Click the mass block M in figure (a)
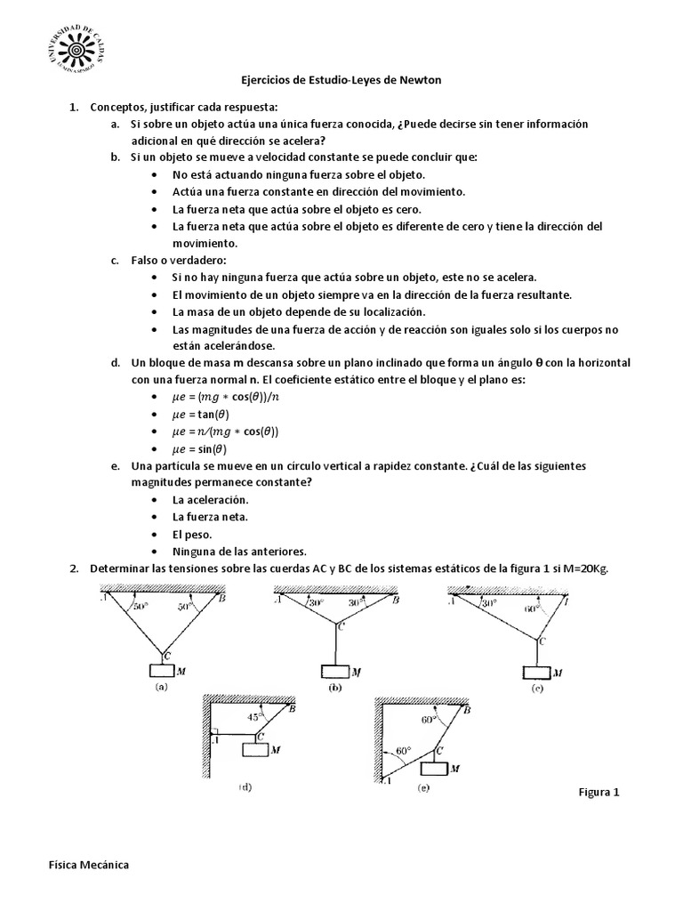coord(163,673)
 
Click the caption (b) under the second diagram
coord(334,688)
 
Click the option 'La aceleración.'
coord(211,500)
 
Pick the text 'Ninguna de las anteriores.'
coord(240,551)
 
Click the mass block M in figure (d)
coord(256,750)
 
